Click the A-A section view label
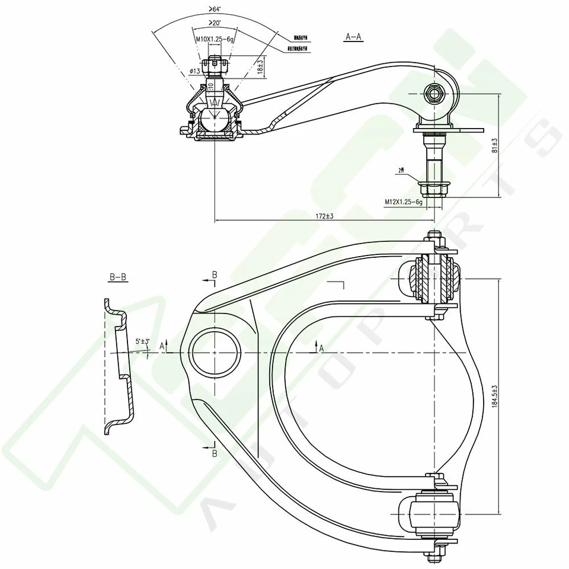(353, 37)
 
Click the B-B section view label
(118, 277)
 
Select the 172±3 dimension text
(325, 216)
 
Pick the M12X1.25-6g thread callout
(403, 202)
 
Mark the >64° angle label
(214, 9)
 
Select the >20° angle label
(214, 23)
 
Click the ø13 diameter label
(194, 71)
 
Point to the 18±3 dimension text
(260, 65)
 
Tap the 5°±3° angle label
(142, 341)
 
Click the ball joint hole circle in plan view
(216, 351)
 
